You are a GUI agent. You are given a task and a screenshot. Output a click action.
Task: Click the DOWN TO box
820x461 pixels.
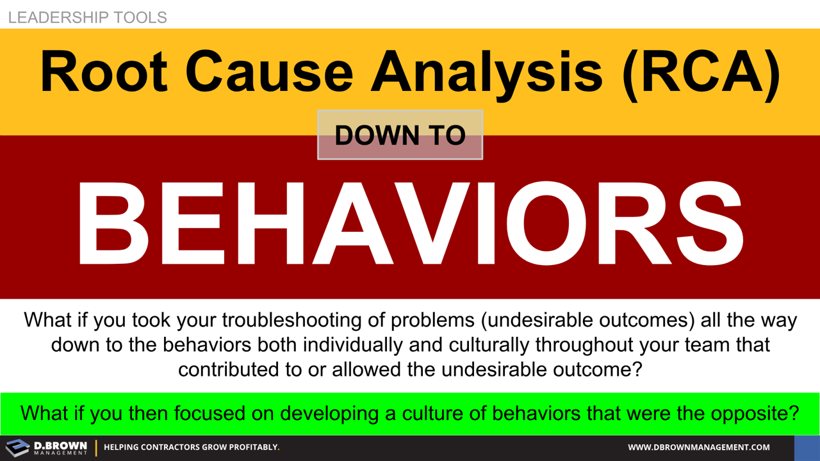click(x=400, y=135)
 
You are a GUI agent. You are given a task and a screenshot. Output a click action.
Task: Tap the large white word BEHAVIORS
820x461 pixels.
click(x=410, y=221)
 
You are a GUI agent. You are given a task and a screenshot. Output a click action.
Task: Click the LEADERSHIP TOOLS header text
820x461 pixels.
click(x=88, y=17)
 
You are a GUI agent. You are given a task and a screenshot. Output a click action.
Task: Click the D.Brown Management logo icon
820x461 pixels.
click(x=17, y=448)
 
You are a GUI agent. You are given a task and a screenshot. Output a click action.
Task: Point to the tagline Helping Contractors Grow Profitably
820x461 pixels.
click(x=192, y=448)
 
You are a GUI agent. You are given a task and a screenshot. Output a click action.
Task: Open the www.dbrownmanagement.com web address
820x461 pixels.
click(x=698, y=448)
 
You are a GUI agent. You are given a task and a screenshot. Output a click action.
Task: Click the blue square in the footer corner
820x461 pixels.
click(x=807, y=448)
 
